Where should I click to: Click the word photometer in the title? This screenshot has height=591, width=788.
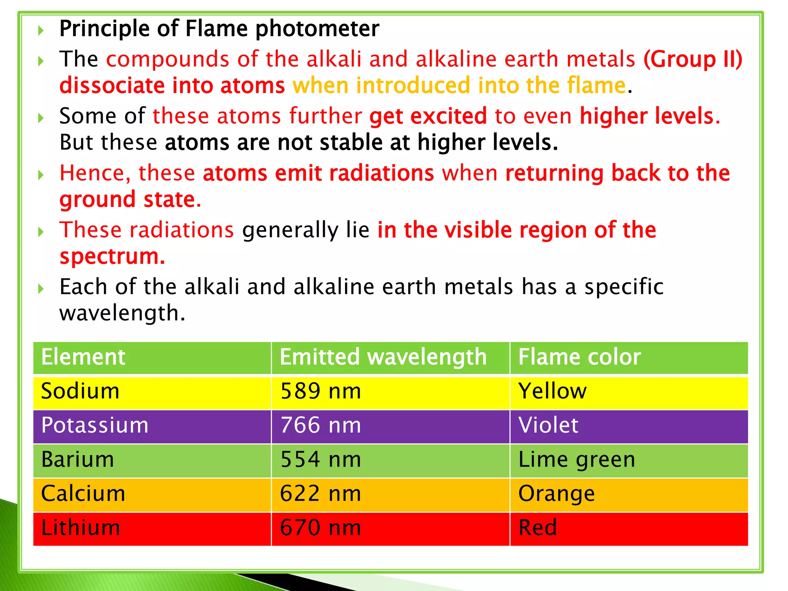(x=317, y=29)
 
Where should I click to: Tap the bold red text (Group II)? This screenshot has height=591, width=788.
(x=693, y=59)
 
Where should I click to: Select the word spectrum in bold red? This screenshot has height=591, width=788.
(x=112, y=257)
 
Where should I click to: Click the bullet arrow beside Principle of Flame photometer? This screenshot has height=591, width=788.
(x=41, y=30)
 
